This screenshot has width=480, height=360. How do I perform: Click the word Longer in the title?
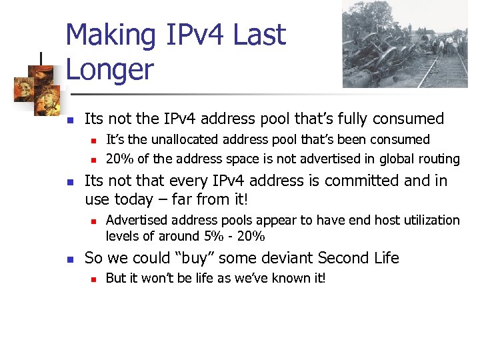pos(110,69)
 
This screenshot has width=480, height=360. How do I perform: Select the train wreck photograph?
pos(405,44)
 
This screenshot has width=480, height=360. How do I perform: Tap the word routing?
pos(437,159)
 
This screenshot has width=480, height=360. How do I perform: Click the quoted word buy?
pos(195,258)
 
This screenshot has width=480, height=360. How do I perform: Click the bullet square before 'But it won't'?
pos(95,279)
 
